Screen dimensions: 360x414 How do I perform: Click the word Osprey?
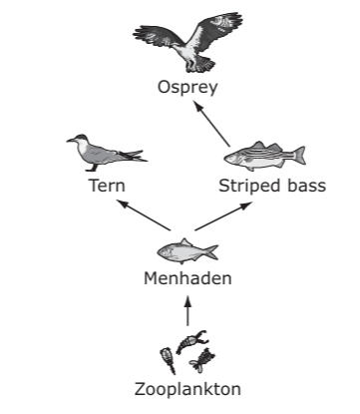187,88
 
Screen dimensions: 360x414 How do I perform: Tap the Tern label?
107,186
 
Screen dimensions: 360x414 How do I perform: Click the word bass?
307,186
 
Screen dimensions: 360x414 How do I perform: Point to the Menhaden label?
187,278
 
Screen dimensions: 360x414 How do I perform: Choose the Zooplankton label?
187,389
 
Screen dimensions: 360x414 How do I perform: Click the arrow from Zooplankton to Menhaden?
188,311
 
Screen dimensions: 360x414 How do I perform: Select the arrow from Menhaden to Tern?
145,215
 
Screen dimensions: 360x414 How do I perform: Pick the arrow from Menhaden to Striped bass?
223,215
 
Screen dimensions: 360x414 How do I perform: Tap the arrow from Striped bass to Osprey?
211,125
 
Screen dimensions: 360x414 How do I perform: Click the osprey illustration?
187,42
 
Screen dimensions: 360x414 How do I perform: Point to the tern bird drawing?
107,153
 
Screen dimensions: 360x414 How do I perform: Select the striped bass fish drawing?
265,156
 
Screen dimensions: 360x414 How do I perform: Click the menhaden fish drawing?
187,251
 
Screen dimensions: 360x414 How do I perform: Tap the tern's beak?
70,141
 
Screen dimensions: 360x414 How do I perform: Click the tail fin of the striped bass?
299,156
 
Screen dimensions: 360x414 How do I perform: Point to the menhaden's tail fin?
211,252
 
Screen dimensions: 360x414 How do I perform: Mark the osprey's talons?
191,67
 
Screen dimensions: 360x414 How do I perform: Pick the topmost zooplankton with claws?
192,341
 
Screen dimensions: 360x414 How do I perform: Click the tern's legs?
93,168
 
